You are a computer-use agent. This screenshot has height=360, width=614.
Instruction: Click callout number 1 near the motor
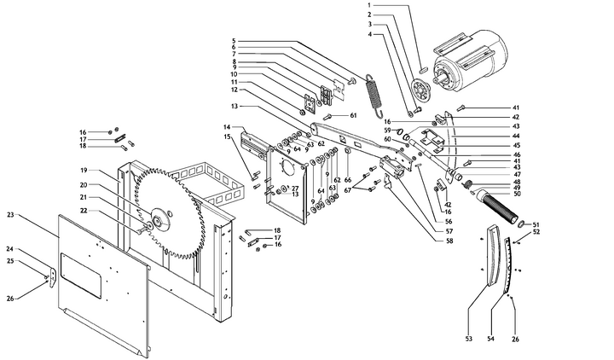pos(369,6)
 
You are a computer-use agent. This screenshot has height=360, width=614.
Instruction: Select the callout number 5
pos(233,41)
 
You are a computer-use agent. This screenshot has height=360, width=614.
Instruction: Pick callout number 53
pos(468,339)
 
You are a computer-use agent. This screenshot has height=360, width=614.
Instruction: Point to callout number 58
pos(449,241)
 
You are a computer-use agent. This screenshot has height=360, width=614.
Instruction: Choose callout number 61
pos(352,114)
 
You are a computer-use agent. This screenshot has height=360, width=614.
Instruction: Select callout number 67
pos(348,189)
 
